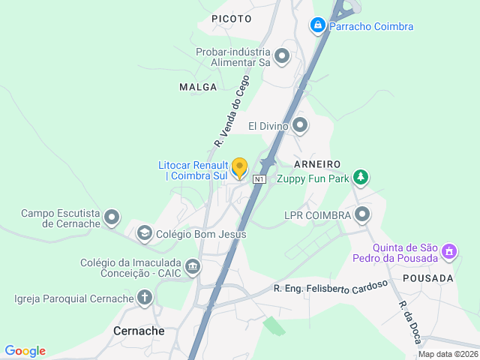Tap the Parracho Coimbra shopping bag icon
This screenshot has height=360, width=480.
click(x=318, y=26)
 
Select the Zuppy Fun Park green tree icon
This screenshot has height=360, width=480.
click(x=361, y=177)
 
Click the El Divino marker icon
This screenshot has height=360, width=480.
click(x=300, y=125)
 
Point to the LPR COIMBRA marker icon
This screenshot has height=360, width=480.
click(x=362, y=215)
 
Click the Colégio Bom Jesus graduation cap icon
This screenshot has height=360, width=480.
click(x=143, y=234)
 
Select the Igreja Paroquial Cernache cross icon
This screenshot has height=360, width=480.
click(x=144, y=298)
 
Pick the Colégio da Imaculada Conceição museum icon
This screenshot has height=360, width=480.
click(x=193, y=267)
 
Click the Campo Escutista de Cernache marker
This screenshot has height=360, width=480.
click(x=112, y=218)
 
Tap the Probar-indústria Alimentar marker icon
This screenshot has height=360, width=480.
click(x=282, y=56)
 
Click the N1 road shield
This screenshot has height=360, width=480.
click(x=259, y=179)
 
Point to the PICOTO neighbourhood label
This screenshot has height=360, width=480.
click(x=232, y=17)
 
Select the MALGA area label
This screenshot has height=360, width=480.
click(x=198, y=87)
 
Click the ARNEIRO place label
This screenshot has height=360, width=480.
click(x=318, y=163)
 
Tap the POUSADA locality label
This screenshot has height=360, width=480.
click(x=428, y=278)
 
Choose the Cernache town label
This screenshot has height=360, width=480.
click(x=139, y=330)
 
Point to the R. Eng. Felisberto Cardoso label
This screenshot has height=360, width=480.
click(x=331, y=286)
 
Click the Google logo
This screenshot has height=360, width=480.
click(x=25, y=351)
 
